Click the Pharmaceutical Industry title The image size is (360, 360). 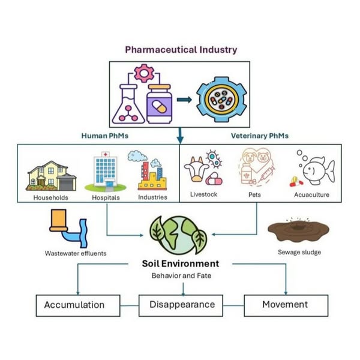pyautogui.click(x=181, y=49)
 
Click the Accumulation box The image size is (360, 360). pyautogui.click(x=74, y=305)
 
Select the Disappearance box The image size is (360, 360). pyautogui.click(x=181, y=305)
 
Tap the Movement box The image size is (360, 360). pyautogui.click(x=285, y=305)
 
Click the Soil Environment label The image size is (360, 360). pyautogui.click(x=181, y=264)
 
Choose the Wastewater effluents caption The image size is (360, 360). pyautogui.click(x=76, y=253)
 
